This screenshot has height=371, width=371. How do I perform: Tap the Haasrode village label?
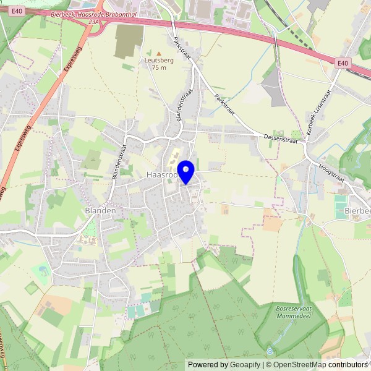(162, 176)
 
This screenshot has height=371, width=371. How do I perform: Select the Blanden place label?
(100, 210)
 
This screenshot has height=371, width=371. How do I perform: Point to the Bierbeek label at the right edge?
(357, 211)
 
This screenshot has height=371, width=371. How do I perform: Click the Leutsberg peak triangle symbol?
(159, 54)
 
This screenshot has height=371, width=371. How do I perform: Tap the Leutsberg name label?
(159, 61)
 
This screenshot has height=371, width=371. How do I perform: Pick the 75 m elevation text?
(159, 67)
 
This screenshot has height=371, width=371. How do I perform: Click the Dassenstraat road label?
(281, 138)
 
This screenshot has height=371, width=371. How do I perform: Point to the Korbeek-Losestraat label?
(319, 112)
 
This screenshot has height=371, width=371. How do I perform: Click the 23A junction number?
(93, 21)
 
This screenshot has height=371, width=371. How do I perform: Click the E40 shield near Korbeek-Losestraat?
(343, 63)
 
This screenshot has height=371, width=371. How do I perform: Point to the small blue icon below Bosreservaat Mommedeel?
(270, 351)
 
